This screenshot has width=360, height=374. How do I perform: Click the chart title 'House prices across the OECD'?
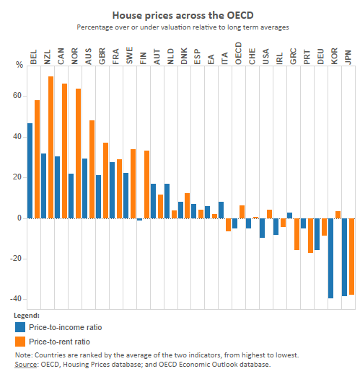click(x=180, y=14)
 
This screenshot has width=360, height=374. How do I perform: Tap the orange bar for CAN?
click(x=64, y=151)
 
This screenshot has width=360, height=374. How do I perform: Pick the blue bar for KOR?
click(x=330, y=258)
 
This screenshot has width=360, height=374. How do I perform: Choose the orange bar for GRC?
click(x=297, y=233)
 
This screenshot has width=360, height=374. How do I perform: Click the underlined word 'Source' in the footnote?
click(x=29, y=365)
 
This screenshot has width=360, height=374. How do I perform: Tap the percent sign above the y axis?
click(x=19, y=66)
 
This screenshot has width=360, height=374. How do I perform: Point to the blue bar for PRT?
click(x=304, y=223)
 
